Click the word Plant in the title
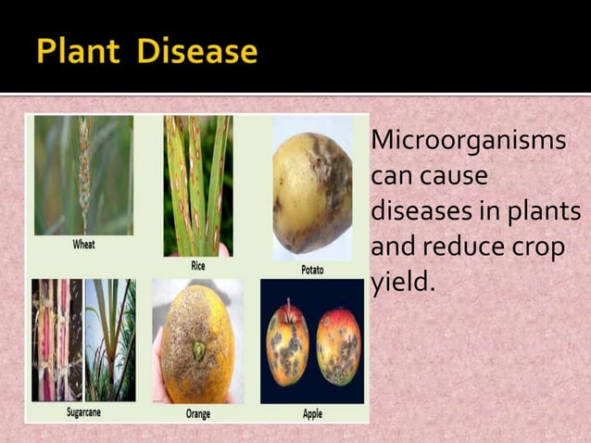point(80,51)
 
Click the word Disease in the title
point(195,51)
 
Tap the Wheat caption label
point(84,246)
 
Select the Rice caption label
point(197,266)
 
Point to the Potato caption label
point(312,269)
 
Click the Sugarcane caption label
point(84,413)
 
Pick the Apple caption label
point(312,414)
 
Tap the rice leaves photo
point(197,185)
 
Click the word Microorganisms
point(468,144)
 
